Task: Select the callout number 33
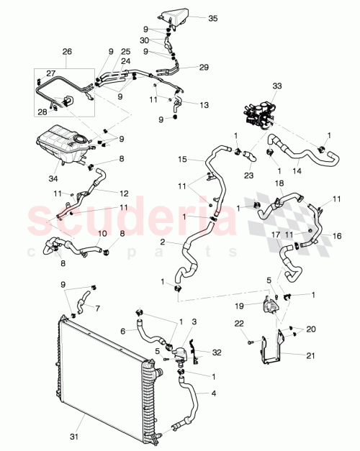[x=256, y=86]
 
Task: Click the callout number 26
[x=67, y=52]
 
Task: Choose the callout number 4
[x=212, y=393]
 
